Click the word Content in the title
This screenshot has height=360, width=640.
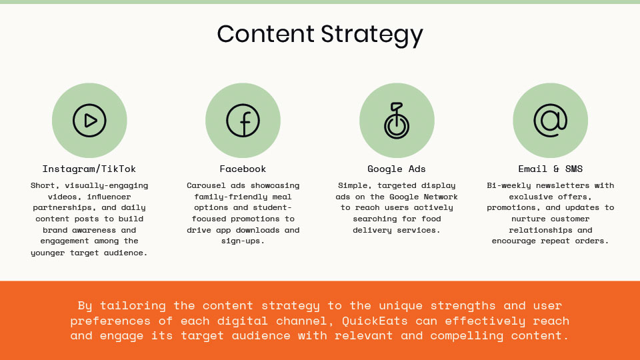265,33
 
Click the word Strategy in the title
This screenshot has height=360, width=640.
372,35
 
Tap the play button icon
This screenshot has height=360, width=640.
89,121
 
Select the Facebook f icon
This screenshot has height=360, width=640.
243,121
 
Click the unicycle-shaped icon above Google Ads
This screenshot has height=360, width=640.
396,121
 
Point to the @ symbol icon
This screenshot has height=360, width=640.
550,121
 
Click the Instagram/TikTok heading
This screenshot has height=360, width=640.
89,169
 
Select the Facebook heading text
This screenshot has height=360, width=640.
243,169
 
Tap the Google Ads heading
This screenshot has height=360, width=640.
396,169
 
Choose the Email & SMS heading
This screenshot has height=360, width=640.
550,169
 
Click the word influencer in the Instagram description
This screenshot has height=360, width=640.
109,197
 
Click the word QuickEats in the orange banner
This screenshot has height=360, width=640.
375,321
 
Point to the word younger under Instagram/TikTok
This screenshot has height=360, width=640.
47,253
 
